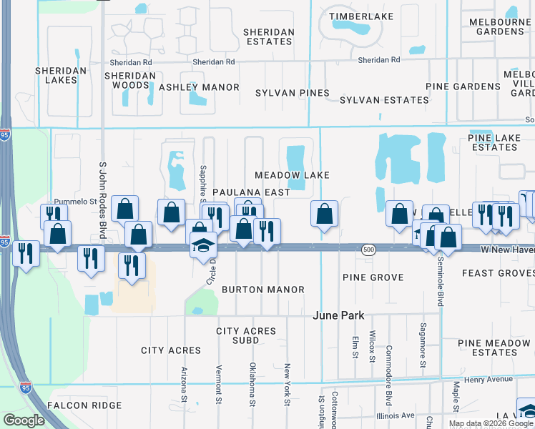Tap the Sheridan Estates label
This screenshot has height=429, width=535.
point(268,37)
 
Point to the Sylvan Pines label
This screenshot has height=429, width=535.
point(293,93)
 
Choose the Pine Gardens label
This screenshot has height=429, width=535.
point(463,87)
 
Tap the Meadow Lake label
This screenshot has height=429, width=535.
point(293,175)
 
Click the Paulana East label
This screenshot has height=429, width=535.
point(251,192)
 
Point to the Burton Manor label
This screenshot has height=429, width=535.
point(263,290)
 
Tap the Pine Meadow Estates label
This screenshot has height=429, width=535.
point(494,348)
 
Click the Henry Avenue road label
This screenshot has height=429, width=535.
point(489,379)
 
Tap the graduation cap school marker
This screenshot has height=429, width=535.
point(203,245)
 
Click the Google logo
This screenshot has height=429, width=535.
point(24,420)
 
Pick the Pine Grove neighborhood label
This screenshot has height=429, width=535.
point(373,277)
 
